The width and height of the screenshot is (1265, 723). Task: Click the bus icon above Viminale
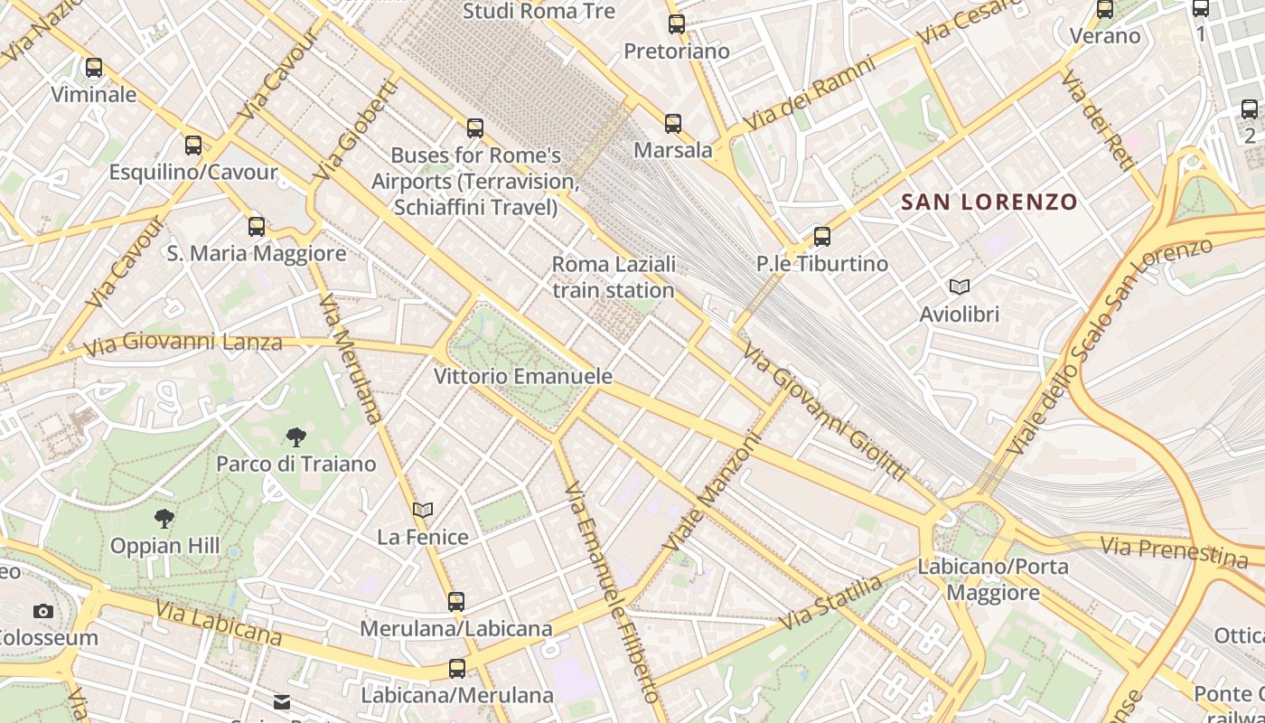pyautogui.click(x=94, y=68)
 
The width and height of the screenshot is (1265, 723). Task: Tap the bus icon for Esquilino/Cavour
pyautogui.click(x=193, y=146)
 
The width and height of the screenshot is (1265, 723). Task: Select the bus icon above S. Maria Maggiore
pyautogui.click(x=257, y=227)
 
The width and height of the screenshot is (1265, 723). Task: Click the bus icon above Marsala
pyautogui.click(x=673, y=124)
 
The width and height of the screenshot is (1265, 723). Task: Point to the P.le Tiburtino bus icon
pyautogui.click(x=822, y=237)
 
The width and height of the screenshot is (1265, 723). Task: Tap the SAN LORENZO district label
pyautogui.click(x=989, y=202)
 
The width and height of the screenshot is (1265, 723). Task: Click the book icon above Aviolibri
pyautogui.click(x=960, y=287)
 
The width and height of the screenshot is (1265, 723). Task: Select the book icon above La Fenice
pyautogui.click(x=423, y=511)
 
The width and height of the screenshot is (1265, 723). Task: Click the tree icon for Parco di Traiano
pyautogui.click(x=295, y=438)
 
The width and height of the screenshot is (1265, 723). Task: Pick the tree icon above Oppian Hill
pyautogui.click(x=164, y=519)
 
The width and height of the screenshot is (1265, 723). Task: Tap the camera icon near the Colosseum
pyautogui.click(x=43, y=612)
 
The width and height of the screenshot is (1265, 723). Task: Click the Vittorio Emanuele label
pyautogui.click(x=523, y=376)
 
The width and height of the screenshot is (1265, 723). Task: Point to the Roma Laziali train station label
pyautogui.click(x=614, y=277)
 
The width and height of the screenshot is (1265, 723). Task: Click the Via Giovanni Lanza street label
pyautogui.click(x=183, y=343)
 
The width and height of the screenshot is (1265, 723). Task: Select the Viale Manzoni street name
pyautogui.click(x=713, y=493)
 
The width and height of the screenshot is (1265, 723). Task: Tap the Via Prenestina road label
pyautogui.click(x=1174, y=549)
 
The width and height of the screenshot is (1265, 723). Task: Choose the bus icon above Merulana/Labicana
pyautogui.click(x=456, y=601)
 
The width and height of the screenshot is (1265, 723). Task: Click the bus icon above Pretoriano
pyautogui.click(x=677, y=24)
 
